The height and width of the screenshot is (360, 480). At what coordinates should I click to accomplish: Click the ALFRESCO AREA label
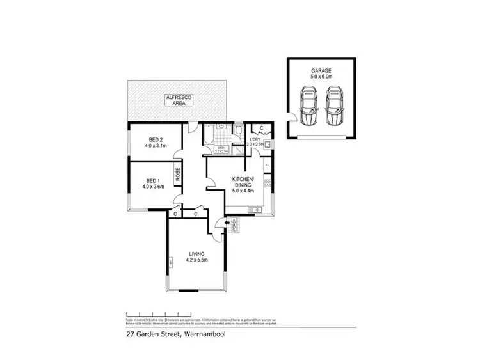[179, 100]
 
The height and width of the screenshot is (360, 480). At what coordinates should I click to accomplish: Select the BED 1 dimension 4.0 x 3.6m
[154, 187]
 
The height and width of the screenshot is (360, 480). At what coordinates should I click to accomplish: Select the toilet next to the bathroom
[237, 132]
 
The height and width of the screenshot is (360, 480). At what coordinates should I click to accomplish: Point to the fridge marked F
[268, 168]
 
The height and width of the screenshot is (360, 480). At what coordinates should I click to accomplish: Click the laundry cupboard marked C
[261, 128]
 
